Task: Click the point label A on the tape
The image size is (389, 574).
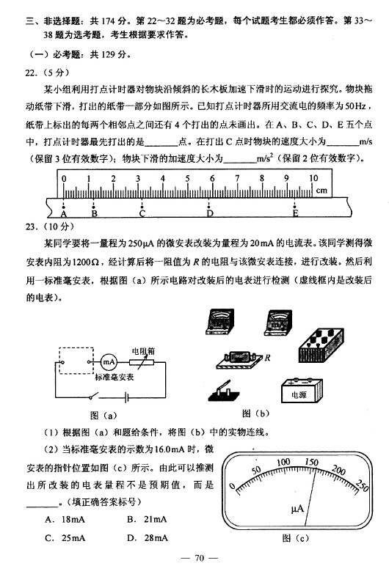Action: tap(64, 214)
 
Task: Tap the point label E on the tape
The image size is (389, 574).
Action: tap(295, 213)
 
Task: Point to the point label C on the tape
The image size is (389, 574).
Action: tap(142, 214)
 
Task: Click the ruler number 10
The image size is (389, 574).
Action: tap(313, 178)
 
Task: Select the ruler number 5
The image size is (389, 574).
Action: tap(187, 179)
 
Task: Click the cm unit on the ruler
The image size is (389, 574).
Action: tap(321, 191)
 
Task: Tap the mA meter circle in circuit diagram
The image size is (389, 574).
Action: tap(109, 362)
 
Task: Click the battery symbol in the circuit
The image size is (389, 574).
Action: tap(126, 397)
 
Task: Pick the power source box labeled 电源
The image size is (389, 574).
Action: tap(302, 390)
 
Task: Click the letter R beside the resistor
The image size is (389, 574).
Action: tap(267, 358)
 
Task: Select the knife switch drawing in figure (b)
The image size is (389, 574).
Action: tap(224, 391)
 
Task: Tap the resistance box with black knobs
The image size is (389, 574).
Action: tap(321, 345)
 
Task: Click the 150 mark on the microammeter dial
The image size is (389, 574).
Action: tap(311, 462)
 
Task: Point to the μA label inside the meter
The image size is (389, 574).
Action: tap(297, 509)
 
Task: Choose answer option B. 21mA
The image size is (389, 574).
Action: tap(147, 519)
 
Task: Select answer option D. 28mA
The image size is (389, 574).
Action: tap(147, 538)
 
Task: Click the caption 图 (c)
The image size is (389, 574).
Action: tap(296, 538)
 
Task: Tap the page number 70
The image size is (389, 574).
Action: tap(200, 558)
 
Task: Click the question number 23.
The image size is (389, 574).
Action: tap(31, 227)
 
